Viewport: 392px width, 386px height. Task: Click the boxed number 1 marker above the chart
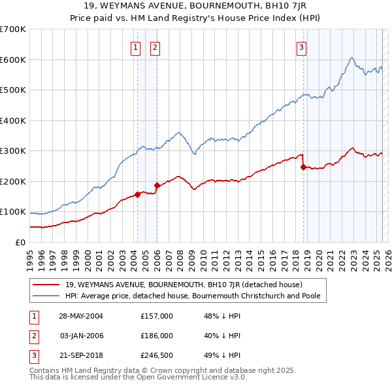(135, 46)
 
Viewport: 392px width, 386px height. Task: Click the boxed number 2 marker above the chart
(155, 46)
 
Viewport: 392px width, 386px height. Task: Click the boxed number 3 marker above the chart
(302, 46)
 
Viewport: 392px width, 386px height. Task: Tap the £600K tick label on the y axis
(13, 60)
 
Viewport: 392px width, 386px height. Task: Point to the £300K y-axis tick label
(13, 151)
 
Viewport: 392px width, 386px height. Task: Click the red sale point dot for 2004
(137, 194)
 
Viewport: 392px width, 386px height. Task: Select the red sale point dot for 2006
(157, 185)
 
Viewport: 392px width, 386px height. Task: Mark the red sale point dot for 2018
(303, 167)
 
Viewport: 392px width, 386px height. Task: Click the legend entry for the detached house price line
(183, 285)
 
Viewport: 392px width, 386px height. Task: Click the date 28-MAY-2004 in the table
(81, 316)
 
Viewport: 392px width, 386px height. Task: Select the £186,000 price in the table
(156, 336)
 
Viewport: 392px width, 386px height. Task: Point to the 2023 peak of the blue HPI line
(352, 58)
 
